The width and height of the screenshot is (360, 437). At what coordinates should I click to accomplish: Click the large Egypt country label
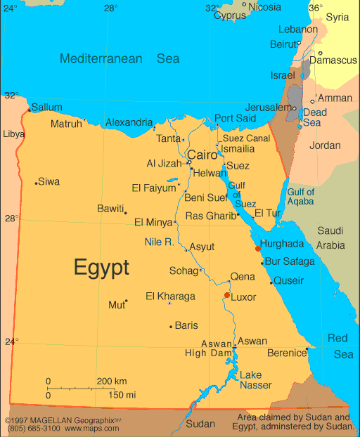(x=101, y=268)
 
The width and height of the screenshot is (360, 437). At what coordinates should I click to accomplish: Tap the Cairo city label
(x=202, y=155)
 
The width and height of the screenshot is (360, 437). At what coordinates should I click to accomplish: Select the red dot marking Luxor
(x=226, y=295)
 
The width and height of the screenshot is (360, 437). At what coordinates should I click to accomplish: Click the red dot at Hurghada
(x=258, y=248)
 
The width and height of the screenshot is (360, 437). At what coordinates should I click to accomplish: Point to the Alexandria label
(x=129, y=122)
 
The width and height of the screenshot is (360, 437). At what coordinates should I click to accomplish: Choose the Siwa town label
(x=49, y=182)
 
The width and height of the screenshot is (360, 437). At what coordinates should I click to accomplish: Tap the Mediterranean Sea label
(x=120, y=58)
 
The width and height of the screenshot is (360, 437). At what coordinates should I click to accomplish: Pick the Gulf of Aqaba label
(x=301, y=197)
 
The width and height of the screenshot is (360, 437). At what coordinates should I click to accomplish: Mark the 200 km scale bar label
(x=111, y=381)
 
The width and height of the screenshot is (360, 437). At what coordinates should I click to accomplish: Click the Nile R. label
(x=159, y=242)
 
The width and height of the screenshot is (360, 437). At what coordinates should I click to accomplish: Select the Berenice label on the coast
(x=286, y=353)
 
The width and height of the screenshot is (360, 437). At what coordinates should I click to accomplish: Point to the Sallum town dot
(x=29, y=110)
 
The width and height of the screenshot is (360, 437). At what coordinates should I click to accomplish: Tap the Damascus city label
(x=333, y=60)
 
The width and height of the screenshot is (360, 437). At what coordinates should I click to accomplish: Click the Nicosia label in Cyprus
(x=264, y=7)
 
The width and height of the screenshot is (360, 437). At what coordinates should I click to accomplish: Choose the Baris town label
(x=186, y=325)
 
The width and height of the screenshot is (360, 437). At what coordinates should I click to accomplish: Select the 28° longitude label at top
(x=111, y=8)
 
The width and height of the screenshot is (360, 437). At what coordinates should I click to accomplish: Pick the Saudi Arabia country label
(x=330, y=238)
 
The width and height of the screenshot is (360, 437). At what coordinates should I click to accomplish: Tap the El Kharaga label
(x=170, y=296)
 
